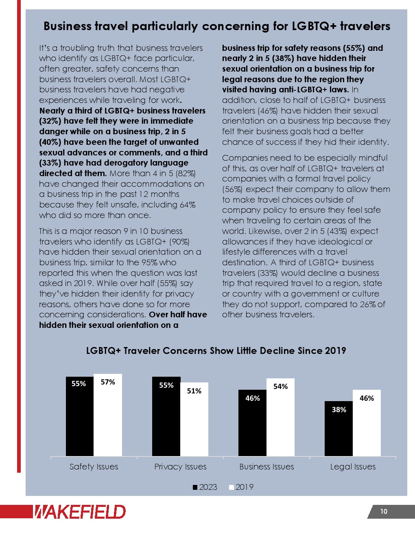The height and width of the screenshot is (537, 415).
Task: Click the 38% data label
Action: [x=339, y=410]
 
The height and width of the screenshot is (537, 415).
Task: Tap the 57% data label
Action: [x=108, y=382]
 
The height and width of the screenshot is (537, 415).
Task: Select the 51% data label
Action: [x=194, y=391]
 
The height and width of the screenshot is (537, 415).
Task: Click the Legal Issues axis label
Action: [x=353, y=467]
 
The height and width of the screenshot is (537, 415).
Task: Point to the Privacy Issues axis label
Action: [x=180, y=467]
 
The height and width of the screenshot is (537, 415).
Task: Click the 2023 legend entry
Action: [x=205, y=487]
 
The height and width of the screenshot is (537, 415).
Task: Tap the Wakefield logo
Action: [x=79, y=512]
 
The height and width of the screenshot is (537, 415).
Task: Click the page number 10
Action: [x=384, y=512]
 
